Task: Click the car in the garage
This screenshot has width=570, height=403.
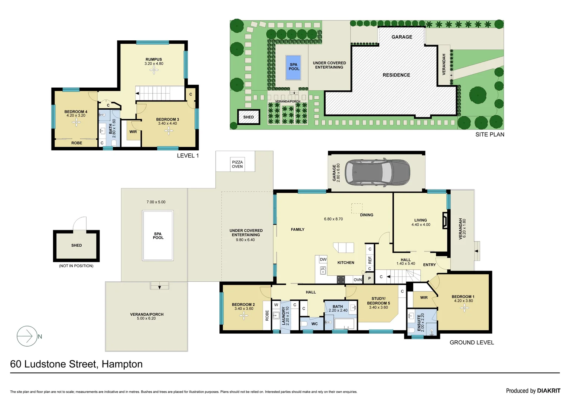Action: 377,172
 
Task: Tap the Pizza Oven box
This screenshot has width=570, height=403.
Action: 237,164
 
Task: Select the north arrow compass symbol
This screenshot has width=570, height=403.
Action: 27,336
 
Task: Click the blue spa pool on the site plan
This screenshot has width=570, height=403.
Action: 293,68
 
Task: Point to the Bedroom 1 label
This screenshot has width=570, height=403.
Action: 463,297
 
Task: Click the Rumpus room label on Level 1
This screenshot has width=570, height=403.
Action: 154,59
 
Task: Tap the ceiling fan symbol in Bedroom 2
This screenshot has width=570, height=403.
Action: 244,316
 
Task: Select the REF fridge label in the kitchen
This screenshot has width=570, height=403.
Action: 370,259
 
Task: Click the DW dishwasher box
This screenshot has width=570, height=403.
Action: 323,259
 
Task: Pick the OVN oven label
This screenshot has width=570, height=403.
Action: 357,279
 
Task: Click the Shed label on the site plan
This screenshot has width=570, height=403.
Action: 248,117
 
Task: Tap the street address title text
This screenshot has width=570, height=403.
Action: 76,364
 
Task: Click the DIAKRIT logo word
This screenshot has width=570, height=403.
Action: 548,391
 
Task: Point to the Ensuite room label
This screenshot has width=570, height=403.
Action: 420,322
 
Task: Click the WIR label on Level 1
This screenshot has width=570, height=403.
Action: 133,132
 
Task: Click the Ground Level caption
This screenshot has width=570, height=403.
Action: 472,343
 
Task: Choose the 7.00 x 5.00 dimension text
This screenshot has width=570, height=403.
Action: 156,202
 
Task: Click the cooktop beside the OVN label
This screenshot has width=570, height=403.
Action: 341,279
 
